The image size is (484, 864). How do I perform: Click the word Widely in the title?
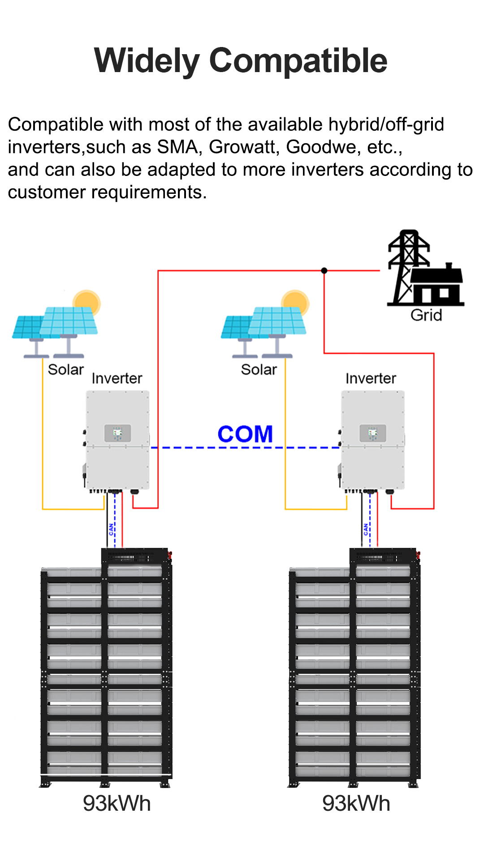(x=147, y=61)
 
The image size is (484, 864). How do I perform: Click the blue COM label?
(x=245, y=434)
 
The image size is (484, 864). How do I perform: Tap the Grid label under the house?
(x=426, y=315)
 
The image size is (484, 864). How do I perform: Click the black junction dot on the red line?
(x=324, y=270)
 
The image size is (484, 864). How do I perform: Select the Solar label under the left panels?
(x=66, y=369)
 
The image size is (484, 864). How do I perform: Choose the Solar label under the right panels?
(x=259, y=369)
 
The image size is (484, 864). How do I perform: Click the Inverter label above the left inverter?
(x=117, y=378)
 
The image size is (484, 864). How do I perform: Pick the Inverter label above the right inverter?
(x=371, y=378)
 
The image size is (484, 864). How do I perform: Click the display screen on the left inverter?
(x=118, y=433)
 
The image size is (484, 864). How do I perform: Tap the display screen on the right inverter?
(x=373, y=433)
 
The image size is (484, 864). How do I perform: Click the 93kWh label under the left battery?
(x=117, y=804)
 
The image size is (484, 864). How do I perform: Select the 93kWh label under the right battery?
(x=356, y=804)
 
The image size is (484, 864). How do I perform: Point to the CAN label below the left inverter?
(x=111, y=530)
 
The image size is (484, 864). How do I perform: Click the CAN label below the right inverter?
(x=366, y=530)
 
